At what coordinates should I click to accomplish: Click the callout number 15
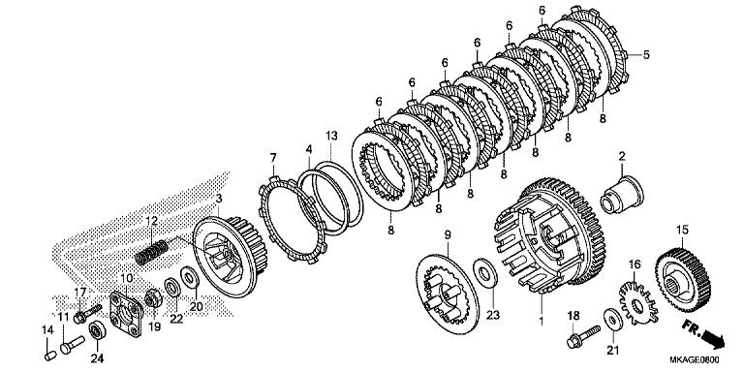coord(682,229)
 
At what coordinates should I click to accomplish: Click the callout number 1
coord(541,319)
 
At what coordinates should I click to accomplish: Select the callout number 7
coord(273,157)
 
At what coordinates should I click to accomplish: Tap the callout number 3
coord(219,198)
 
